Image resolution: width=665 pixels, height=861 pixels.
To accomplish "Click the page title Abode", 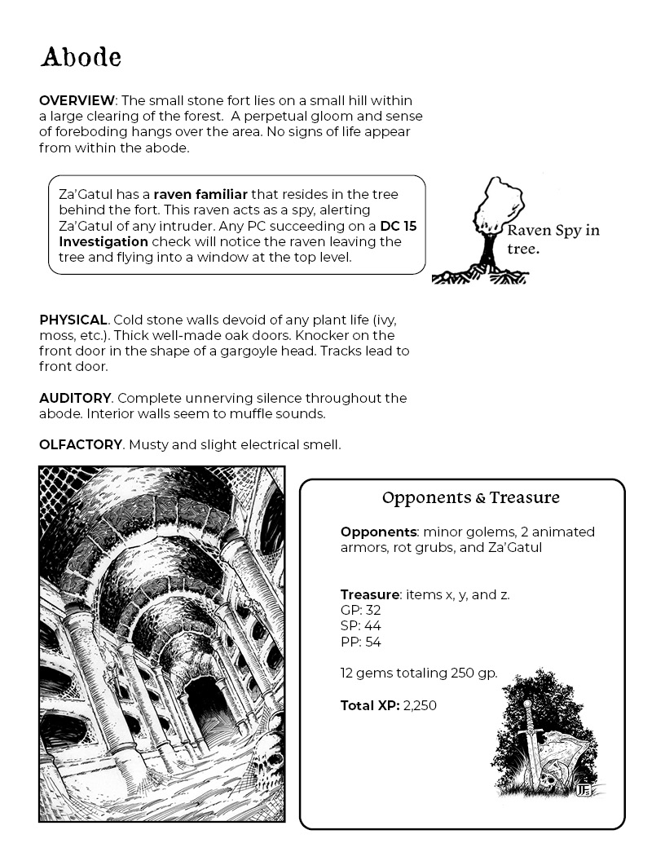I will tap(81, 58).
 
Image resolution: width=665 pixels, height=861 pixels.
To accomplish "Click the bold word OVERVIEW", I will tap(77, 100).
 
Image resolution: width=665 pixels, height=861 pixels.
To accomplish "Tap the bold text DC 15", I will tap(398, 226).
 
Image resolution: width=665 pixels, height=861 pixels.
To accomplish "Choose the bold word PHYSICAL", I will tap(73, 320).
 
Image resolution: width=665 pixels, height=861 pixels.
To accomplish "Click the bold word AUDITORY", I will tap(74, 398).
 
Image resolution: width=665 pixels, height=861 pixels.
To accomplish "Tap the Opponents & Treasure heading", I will tap(471, 497).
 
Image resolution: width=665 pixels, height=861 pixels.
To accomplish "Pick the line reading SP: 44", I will tap(360, 626).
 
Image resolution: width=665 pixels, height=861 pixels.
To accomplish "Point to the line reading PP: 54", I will tap(360, 642).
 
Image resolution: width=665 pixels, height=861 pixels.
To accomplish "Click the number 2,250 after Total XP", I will tap(420, 705).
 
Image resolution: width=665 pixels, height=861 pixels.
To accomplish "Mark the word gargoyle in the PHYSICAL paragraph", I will tap(247, 351).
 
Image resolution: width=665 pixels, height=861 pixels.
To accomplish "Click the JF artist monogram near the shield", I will tap(582, 788).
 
